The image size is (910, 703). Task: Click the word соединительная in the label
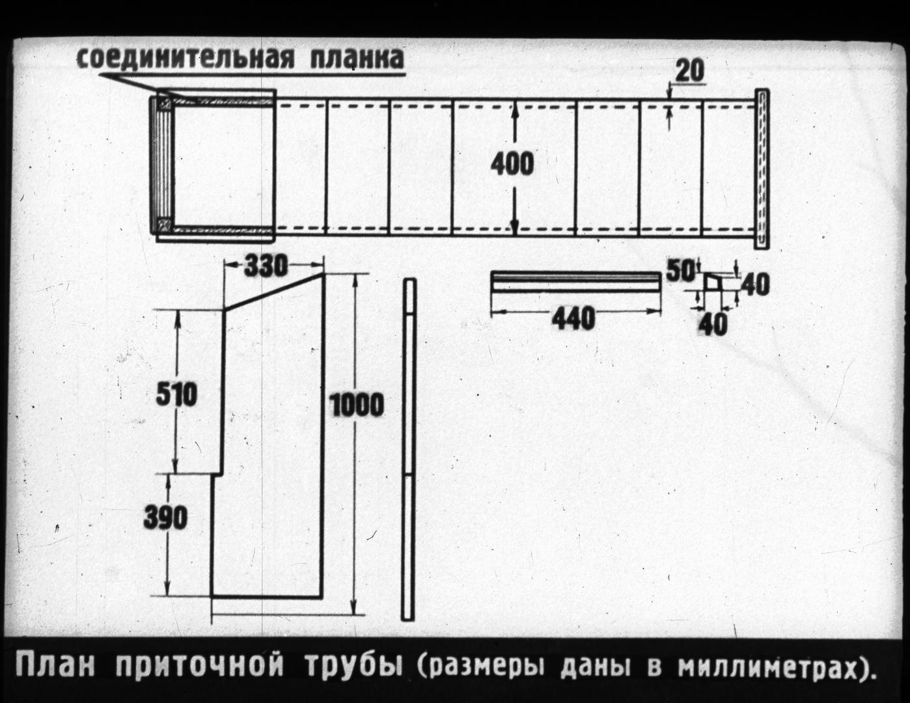click(184, 59)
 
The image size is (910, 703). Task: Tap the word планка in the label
click(357, 59)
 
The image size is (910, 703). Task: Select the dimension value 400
click(512, 164)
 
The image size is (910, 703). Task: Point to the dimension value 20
click(690, 72)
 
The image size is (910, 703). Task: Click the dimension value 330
click(266, 266)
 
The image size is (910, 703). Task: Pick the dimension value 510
click(176, 395)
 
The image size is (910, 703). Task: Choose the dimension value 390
click(165, 517)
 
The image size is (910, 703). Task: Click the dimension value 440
click(573, 318)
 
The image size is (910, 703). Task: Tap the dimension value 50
click(680, 271)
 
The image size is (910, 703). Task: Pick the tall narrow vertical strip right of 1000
click(408, 449)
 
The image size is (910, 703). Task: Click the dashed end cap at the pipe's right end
click(763, 169)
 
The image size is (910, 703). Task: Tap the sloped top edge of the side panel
click(274, 292)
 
